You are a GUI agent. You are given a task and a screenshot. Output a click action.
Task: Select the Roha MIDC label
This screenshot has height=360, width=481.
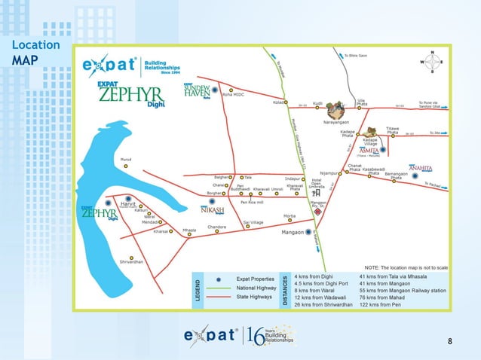coord(234,95)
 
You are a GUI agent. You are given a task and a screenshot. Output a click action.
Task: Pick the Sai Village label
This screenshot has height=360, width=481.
coord(253,223)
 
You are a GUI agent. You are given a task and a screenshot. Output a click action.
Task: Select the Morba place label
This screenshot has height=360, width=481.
coord(290,215)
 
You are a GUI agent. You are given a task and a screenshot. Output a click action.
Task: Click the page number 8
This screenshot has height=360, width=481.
coord(450,342)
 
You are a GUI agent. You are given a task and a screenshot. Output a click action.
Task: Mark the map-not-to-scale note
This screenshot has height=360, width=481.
coord(406,267)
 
